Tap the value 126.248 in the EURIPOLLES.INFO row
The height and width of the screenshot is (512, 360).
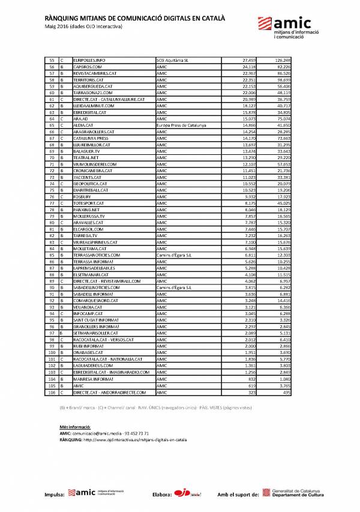tap(283, 61)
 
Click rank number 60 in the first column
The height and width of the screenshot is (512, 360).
tap(52, 93)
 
